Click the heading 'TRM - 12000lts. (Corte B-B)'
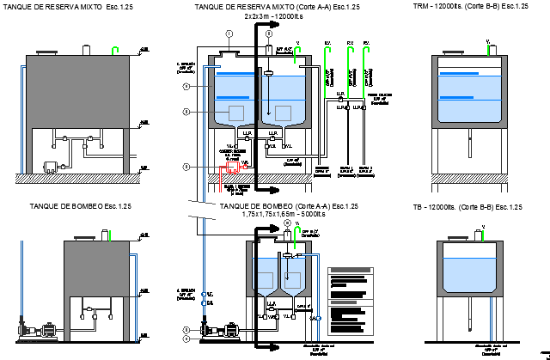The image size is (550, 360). coord(469,6)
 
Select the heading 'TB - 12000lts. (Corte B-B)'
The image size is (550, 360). coord(467,207)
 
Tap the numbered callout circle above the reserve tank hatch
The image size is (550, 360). coord(229,34)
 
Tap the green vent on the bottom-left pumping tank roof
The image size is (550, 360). coord(107,235)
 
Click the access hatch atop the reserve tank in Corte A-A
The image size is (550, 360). coord(229,53)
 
